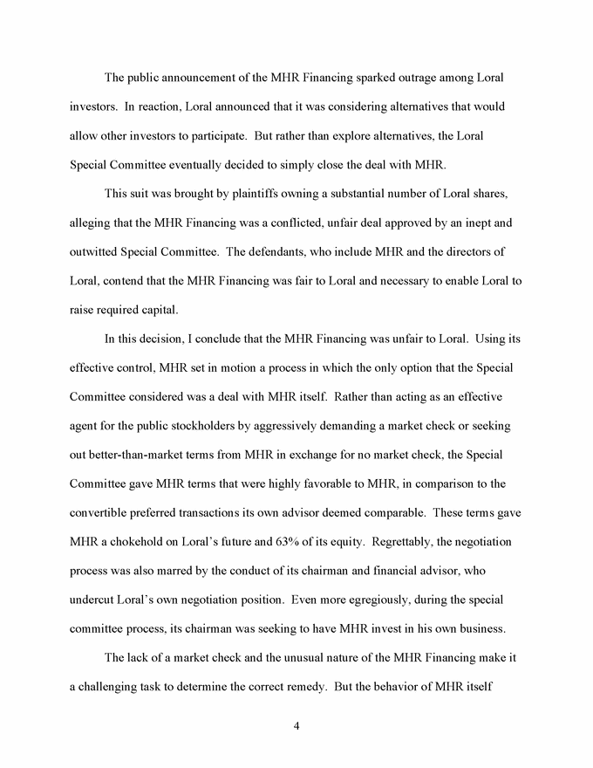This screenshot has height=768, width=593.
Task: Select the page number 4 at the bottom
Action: [296, 724]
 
